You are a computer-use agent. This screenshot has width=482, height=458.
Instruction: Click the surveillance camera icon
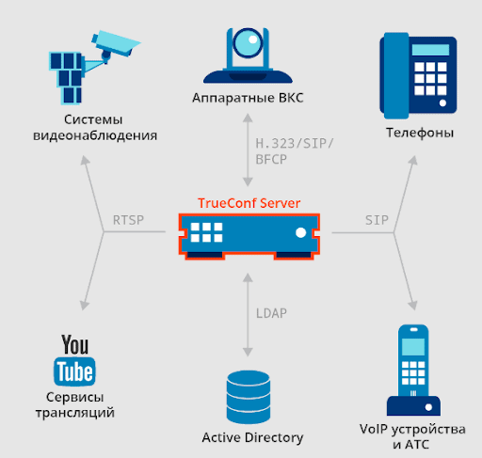pos(94,68)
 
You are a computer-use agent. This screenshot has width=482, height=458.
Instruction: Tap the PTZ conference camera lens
pos(248,43)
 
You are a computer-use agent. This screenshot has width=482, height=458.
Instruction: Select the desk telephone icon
pos(418,75)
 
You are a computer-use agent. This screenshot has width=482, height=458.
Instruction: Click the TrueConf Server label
pos(249,203)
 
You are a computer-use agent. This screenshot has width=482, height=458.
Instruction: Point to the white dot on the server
pos(300,232)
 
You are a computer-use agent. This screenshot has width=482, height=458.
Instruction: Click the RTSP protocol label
pos(128,220)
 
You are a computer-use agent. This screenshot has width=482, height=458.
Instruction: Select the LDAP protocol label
pos(271,313)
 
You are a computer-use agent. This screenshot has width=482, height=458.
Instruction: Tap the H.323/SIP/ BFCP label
pos(295,151)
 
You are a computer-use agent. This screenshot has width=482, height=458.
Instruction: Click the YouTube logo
pos(74,360)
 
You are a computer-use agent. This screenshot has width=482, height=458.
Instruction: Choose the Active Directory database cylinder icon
pos(249,397)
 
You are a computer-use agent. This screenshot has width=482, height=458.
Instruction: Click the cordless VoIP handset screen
pos(413,347)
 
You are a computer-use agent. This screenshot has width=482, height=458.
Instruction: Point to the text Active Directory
pos(252,437)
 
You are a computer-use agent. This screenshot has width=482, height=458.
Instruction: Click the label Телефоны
pos(420,133)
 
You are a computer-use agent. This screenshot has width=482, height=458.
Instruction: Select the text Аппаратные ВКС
pos(248,98)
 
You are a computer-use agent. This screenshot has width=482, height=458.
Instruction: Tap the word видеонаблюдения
pos(95,135)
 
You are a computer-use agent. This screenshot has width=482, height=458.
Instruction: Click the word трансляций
pos(75,413)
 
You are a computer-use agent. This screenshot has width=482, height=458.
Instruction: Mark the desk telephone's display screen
pos(430,50)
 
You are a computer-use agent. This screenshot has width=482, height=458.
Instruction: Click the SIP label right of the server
pos(377,220)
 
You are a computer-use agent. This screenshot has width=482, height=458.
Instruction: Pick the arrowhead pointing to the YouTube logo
pos(84,306)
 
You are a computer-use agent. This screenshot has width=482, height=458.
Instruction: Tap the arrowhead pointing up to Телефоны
pos(413,160)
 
